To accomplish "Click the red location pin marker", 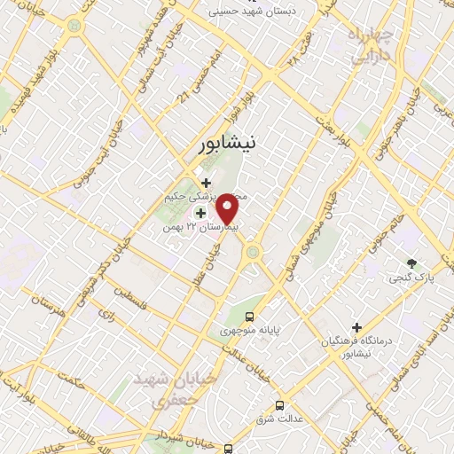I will click(228, 210).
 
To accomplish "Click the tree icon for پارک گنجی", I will click(411, 262).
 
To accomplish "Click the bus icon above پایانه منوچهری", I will click(250, 315).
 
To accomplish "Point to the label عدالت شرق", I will click(283, 417).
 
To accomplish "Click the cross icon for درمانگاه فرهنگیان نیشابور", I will click(357, 326).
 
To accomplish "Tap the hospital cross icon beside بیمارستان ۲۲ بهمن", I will click(200, 212).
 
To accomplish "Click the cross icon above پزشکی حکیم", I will click(206, 183).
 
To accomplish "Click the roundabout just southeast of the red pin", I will click(254, 254).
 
